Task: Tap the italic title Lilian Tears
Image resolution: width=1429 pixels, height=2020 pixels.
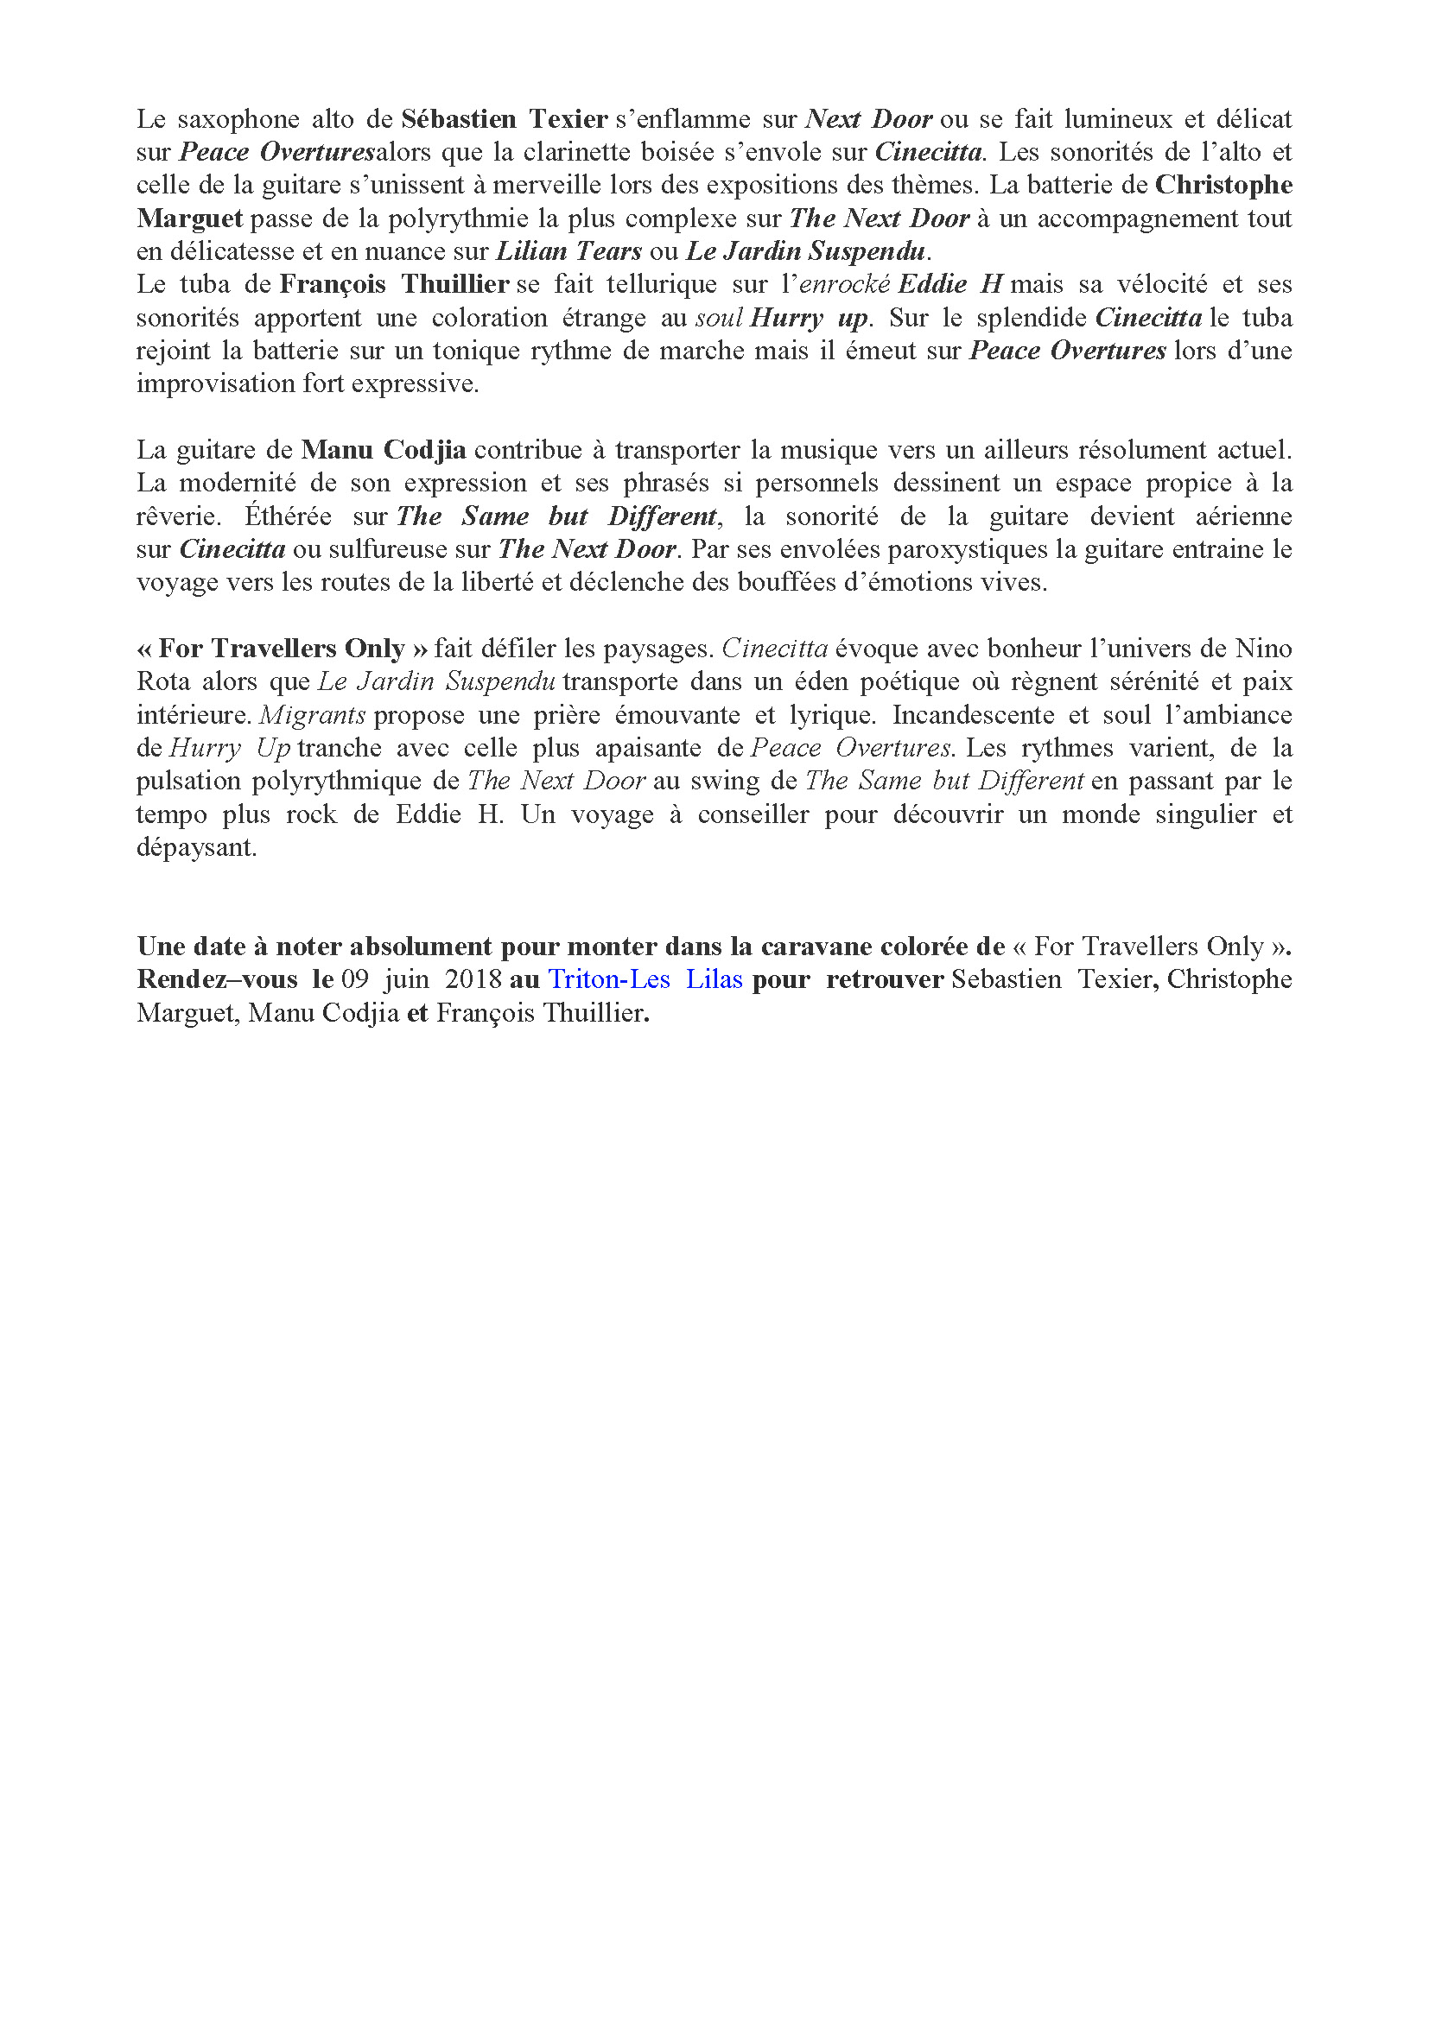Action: (569, 251)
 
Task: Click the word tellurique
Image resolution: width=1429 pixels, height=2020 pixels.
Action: (661, 284)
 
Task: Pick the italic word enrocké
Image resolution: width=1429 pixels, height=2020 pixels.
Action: (846, 284)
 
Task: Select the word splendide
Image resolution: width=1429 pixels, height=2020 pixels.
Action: (1032, 318)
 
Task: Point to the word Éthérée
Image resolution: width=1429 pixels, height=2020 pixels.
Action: (288, 516)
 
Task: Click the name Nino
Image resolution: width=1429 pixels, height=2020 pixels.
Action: (1264, 649)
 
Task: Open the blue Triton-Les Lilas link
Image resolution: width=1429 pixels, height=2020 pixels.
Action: (645, 979)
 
